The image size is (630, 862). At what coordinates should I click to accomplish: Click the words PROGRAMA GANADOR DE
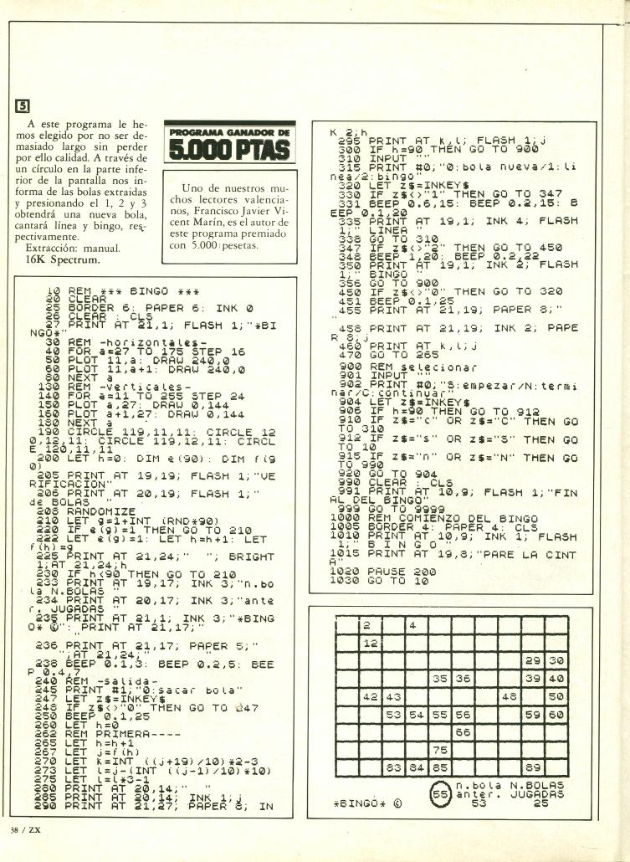click(x=228, y=133)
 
